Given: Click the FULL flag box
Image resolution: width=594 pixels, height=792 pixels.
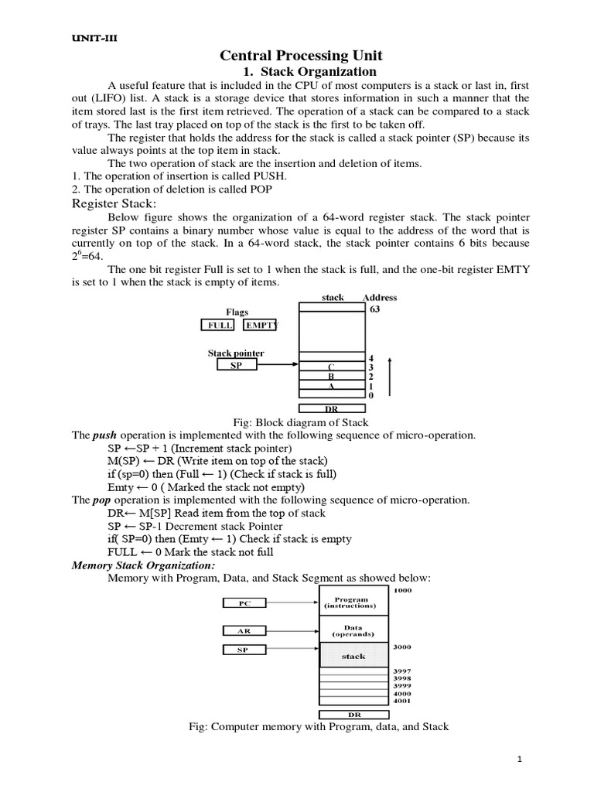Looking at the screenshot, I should [220, 326].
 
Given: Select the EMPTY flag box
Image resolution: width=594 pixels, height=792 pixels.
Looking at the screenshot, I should [260, 326].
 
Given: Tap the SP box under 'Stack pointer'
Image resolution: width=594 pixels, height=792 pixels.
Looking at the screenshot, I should [235, 365].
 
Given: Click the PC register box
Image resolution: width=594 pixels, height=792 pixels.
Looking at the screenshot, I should [245, 602].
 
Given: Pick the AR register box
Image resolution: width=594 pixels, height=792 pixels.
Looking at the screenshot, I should [245, 630].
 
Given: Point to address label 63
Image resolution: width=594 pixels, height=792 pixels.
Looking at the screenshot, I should [375, 309].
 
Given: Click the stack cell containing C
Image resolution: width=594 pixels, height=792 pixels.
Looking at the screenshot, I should [332, 367].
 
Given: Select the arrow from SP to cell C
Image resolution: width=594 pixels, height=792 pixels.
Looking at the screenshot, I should [279, 365].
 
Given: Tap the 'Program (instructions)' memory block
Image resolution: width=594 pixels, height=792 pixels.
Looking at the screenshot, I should [350, 603].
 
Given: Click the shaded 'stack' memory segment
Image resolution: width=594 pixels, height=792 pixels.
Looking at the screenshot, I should [353, 656].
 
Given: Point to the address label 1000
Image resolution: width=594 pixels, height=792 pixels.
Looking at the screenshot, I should [403, 591].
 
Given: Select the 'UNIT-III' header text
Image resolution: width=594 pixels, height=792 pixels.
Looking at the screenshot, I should [80, 39].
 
